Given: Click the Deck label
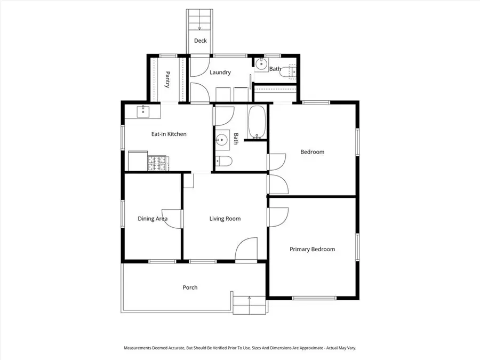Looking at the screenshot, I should [201, 41].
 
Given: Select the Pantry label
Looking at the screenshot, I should [167, 79].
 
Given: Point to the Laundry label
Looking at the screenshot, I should [220, 73].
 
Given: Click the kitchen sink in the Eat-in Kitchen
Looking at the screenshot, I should [143, 111].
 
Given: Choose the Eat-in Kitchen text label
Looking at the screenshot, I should [169, 134].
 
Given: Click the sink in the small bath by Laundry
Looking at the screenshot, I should [260, 64].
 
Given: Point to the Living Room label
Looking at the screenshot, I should [225, 219].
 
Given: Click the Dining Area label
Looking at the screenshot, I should [153, 219].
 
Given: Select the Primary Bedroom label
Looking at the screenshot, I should [312, 249].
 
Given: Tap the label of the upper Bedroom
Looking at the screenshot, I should [312, 152].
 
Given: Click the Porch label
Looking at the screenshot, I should [190, 287].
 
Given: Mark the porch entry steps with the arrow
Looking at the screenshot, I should [250, 305].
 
